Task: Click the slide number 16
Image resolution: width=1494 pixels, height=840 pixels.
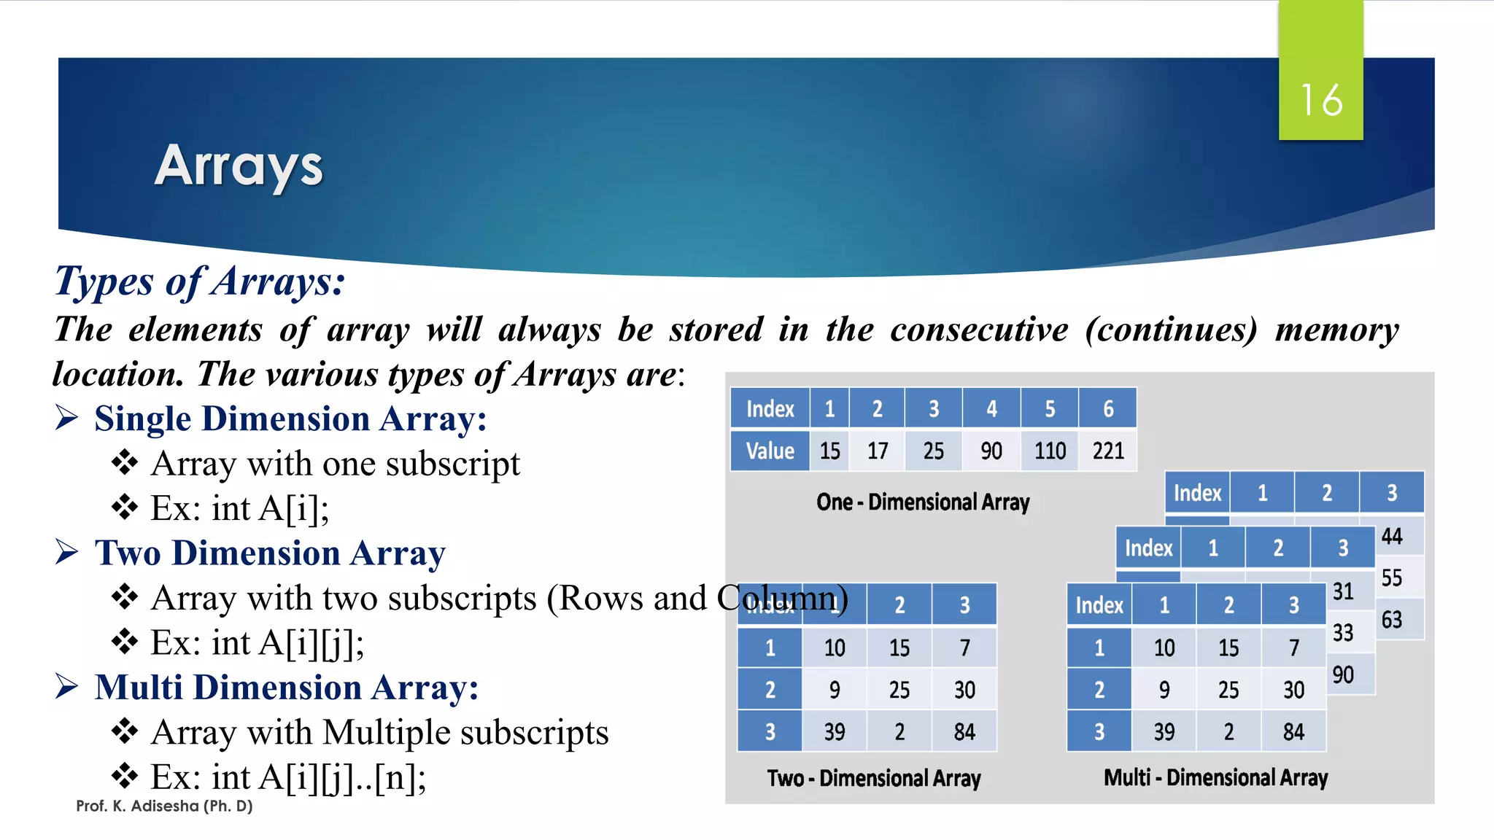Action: point(1321,100)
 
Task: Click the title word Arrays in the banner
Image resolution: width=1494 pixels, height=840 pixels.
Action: point(239,166)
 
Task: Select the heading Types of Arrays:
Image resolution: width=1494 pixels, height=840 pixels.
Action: point(200,281)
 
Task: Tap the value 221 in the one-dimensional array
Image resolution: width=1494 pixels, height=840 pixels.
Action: point(1107,451)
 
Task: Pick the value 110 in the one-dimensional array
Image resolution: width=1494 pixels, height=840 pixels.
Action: point(1050,451)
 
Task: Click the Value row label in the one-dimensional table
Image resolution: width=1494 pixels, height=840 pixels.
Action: point(770,451)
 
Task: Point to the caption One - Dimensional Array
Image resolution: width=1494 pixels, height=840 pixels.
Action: point(923,502)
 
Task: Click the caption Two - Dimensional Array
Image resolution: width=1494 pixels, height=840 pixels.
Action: point(873,778)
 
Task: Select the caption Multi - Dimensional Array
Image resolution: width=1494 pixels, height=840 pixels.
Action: point(1215,777)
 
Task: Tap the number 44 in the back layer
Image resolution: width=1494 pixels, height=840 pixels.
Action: point(1392,537)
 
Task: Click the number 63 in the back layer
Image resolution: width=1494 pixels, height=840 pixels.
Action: point(1392,620)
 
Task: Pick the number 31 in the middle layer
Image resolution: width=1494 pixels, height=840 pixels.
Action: point(1343,591)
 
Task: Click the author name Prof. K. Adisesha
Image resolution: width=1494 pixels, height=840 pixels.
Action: point(164,806)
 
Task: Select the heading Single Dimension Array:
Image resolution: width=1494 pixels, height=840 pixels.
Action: point(290,419)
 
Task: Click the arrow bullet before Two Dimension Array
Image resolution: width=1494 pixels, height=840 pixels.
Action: point(66,552)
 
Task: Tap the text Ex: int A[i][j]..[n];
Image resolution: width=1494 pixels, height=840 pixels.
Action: point(288,777)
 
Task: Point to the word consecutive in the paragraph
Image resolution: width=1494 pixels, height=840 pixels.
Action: point(979,330)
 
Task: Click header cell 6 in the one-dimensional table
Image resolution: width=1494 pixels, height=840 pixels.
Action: point(1107,408)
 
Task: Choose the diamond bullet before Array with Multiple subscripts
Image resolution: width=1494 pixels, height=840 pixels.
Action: point(125,731)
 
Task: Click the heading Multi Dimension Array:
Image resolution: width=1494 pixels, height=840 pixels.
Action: point(287,688)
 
